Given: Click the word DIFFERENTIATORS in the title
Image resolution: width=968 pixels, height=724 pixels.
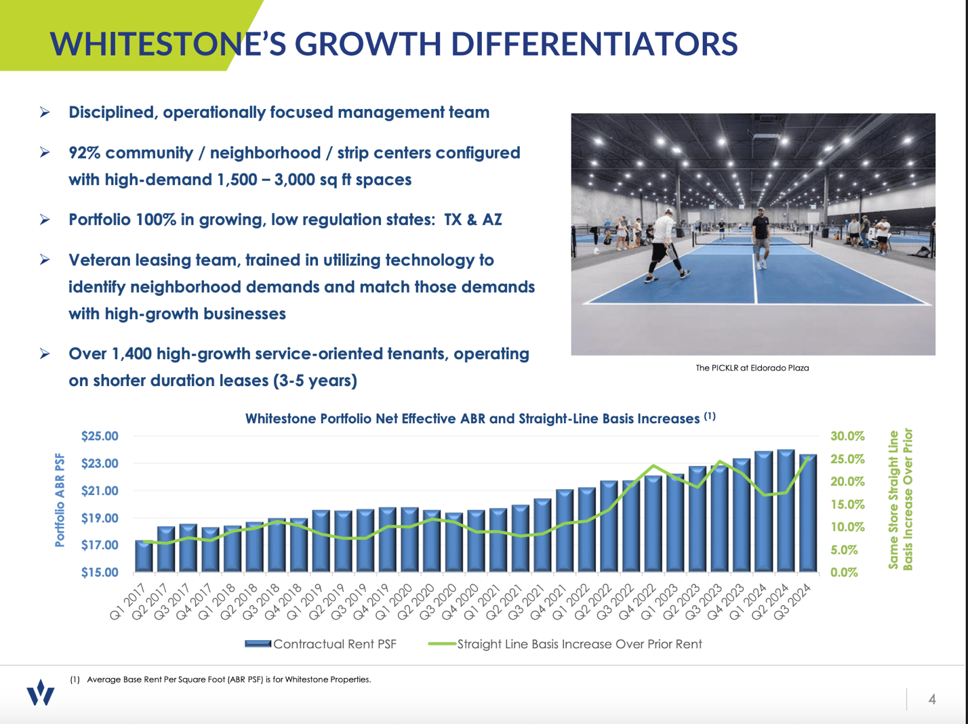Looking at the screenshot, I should (x=594, y=44).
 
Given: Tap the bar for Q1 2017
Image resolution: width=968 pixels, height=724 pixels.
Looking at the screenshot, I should (x=144, y=556).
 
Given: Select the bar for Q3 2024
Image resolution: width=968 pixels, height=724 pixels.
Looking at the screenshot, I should (x=807, y=513).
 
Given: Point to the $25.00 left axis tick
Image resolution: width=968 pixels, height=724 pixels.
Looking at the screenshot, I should (x=100, y=436).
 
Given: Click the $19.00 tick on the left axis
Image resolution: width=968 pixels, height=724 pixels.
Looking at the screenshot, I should (x=100, y=518).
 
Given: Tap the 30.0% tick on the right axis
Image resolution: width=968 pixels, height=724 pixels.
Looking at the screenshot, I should (x=847, y=436).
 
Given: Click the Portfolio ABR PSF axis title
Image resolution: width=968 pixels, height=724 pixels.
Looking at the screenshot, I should (x=60, y=500).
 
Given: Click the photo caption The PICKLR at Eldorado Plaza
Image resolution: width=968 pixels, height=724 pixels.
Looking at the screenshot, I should (x=752, y=368).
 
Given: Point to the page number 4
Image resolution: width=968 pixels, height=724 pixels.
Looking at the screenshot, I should (x=932, y=699).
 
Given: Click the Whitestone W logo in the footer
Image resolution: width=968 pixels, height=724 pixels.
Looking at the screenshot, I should (x=41, y=693).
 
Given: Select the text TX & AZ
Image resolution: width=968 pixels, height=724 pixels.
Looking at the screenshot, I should (x=472, y=220).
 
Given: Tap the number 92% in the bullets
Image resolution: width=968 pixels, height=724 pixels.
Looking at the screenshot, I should (x=85, y=153).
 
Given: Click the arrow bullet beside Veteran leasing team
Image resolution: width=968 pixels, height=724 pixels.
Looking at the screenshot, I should (x=45, y=260).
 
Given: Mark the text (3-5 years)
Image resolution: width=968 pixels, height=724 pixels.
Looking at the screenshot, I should (x=315, y=381).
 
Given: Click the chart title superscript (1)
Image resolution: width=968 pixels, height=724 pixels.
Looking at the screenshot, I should (x=709, y=417).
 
